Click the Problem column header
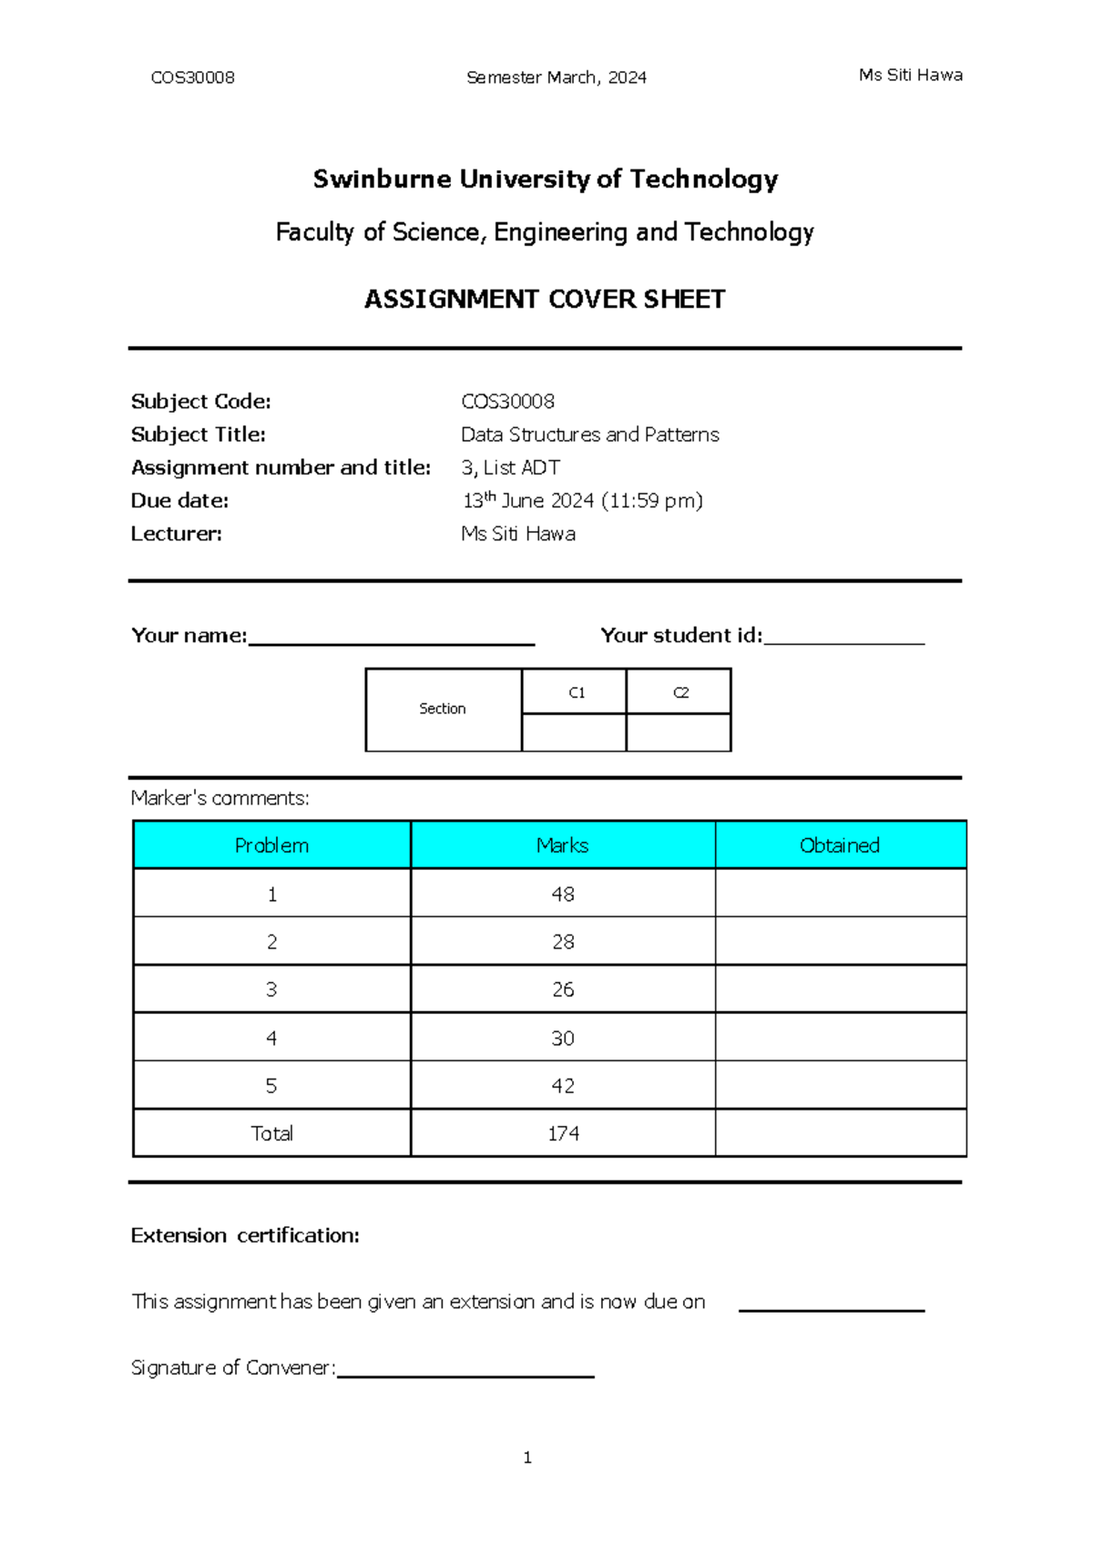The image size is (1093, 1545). (271, 845)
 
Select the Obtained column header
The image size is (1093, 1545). (840, 845)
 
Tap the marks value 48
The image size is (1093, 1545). (563, 895)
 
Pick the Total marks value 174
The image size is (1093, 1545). (563, 1133)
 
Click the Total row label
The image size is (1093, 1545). (271, 1133)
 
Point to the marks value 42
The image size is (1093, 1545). (563, 1086)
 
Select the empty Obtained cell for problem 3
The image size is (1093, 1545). (840, 989)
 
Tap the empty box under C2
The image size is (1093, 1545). (679, 732)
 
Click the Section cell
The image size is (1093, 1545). (443, 709)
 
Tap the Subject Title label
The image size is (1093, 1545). (199, 435)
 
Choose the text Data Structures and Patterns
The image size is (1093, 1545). (589, 435)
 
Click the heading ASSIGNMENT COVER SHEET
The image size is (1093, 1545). (545, 299)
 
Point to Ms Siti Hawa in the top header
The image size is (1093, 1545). (910, 76)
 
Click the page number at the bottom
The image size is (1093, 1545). (527, 1458)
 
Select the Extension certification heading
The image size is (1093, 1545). (245, 1235)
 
